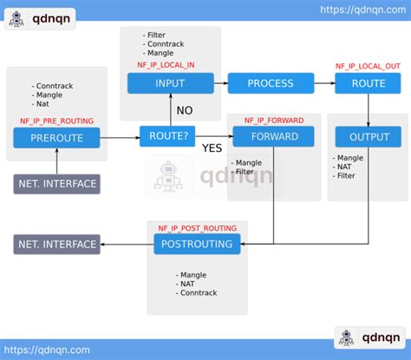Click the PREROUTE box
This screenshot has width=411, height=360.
coord(56,137)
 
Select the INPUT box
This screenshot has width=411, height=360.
coord(171,83)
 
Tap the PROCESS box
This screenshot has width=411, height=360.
coord(270,83)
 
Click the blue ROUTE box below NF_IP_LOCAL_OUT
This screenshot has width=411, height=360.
coord(369,83)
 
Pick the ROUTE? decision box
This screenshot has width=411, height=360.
coord(167,137)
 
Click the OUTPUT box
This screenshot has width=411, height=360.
coord(369,137)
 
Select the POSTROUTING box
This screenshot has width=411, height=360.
coord(197,245)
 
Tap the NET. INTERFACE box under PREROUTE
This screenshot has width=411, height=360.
coord(57,184)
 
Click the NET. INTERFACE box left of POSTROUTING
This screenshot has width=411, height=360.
coord(57,245)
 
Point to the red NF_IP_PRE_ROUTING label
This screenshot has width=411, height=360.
coord(56,121)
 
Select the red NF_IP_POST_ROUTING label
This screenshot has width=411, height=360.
coord(197,227)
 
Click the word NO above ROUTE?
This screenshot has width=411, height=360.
coord(185,110)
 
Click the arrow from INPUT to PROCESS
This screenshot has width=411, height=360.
coord(220,83)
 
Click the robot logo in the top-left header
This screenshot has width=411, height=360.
coord(16,20)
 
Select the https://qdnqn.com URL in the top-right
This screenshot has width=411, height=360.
coord(362,9)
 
